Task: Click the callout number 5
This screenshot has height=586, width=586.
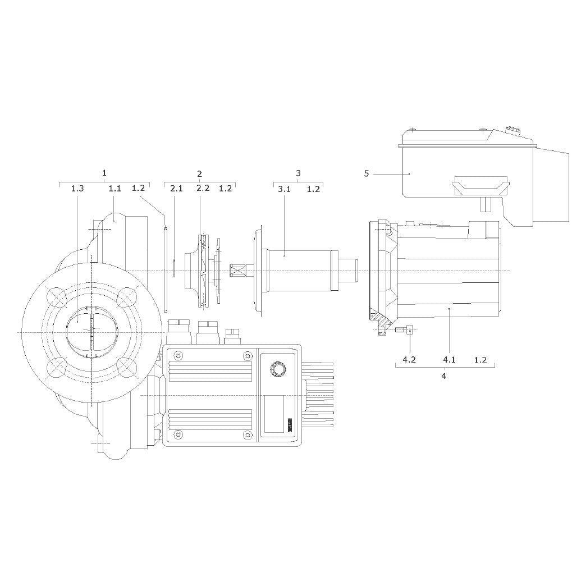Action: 366,174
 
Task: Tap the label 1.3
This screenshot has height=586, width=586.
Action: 77,189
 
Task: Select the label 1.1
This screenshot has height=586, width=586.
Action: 115,189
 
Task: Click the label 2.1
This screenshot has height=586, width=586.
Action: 176,189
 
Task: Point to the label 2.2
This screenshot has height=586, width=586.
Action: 203,188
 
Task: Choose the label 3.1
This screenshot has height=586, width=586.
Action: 284,189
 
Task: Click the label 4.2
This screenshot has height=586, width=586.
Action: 409,360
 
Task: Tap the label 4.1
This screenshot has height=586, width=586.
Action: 449,360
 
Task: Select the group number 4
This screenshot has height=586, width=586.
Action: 444,376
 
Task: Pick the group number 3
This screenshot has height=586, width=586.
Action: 298,173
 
